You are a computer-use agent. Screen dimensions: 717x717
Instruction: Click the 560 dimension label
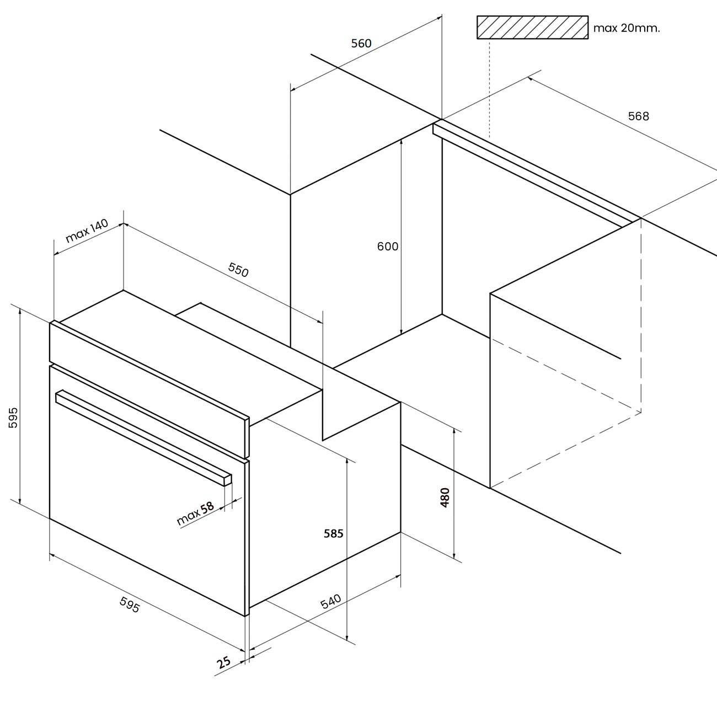[x=361, y=44]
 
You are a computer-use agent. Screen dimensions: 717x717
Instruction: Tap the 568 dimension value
[x=639, y=116]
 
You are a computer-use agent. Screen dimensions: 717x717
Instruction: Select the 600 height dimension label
[x=388, y=247]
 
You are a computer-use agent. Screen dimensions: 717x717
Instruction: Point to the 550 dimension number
[x=238, y=270]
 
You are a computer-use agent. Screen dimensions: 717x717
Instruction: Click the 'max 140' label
[x=87, y=231]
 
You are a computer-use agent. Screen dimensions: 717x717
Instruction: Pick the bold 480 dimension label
[x=445, y=497]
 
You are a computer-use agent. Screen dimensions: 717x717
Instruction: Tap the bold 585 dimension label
[x=333, y=533]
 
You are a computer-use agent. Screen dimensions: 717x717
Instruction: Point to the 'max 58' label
[x=196, y=514]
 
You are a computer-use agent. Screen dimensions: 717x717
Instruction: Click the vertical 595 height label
[x=13, y=418]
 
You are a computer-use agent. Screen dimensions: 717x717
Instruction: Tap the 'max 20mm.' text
[x=627, y=28]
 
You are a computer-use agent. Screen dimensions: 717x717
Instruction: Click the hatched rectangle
[x=532, y=27]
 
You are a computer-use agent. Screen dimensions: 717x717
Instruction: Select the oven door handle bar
[x=143, y=437]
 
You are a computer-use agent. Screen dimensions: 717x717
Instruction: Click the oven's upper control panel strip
[x=149, y=390]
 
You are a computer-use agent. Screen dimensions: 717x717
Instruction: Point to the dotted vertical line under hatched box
[x=490, y=88]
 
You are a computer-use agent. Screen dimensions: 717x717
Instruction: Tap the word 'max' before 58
[x=188, y=518]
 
